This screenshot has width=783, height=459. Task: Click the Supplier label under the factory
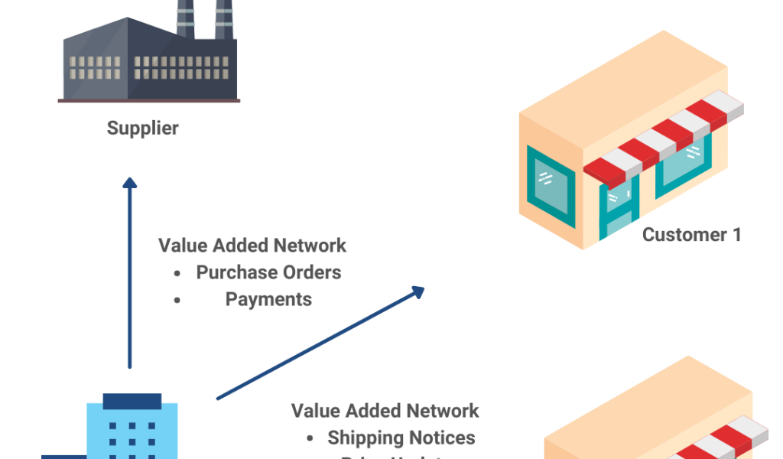click(x=143, y=128)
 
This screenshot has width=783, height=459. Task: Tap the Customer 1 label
click(x=692, y=234)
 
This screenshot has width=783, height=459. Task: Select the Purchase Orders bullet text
click(x=268, y=272)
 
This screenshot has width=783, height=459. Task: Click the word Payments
click(x=268, y=299)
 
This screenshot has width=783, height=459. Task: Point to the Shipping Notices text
click(x=401, y=438)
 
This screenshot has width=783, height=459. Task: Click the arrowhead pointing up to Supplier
click(x=130, y=183)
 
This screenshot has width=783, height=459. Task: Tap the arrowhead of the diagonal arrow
click(x=417, y=291)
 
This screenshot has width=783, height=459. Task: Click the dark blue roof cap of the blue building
click(x=132, y=399)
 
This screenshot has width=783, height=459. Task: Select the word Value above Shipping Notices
click(x=315, y=411)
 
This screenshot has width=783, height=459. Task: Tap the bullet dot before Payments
click(x=177, y=300)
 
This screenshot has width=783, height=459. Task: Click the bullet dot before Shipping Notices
click(x=310, y=438)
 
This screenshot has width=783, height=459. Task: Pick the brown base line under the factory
click(x=149, y=100)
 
